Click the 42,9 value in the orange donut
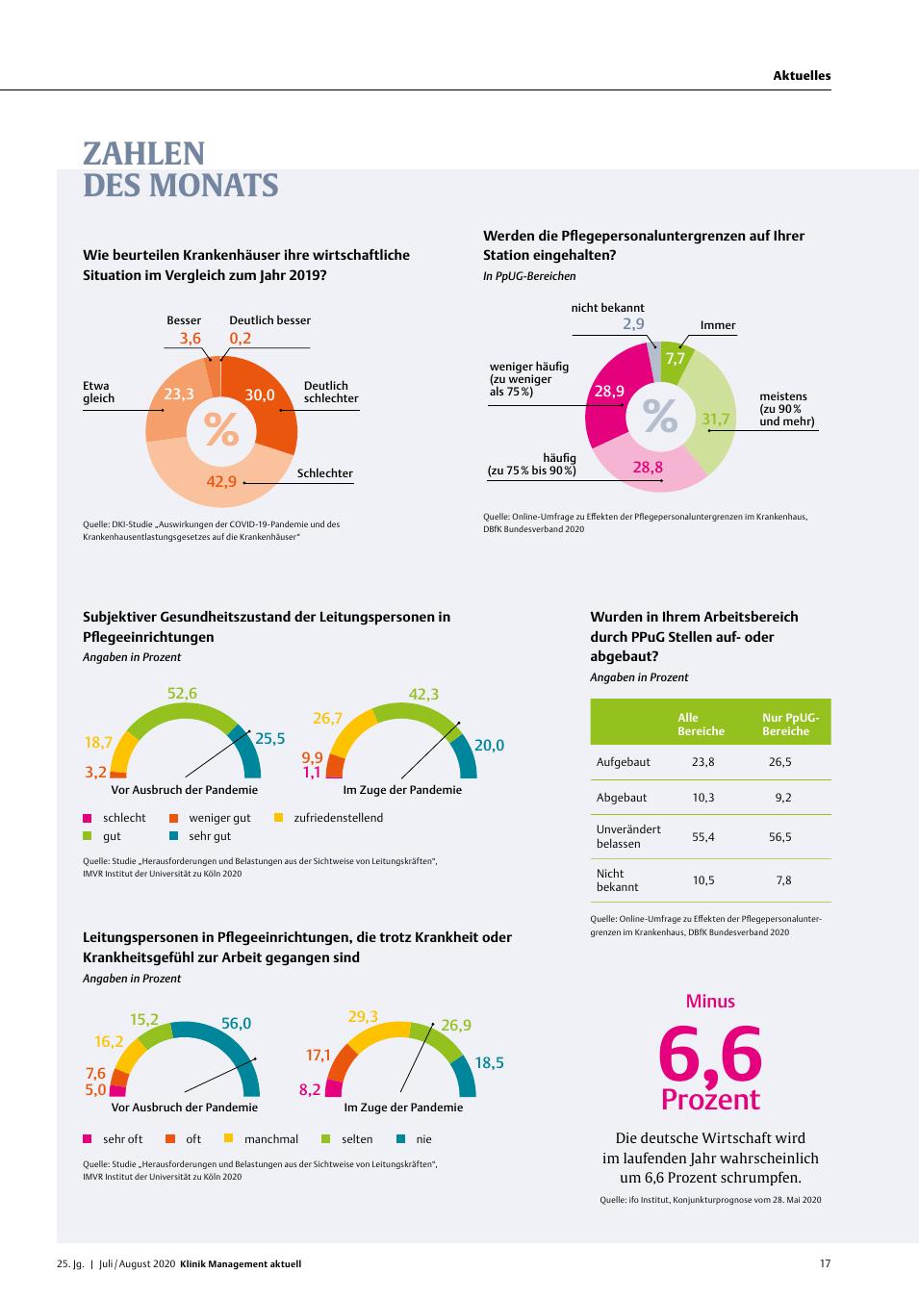[221, 481]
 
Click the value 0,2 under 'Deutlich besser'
[240, 338]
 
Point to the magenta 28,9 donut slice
[609, 395]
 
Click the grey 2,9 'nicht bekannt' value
[633, 323]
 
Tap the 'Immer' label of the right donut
[718, 325]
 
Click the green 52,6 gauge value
[182, 693]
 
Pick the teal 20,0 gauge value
[490, 745]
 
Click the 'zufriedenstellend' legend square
[279, 818]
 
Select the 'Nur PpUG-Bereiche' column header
[790, 725]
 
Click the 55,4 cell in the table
[703, 837]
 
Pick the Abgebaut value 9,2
[782, 798]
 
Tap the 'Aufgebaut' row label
[624, 762]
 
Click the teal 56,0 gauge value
[236, 1023]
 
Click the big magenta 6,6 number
[709, 1054]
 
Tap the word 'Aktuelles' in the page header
[802, 75]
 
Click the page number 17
[825, 1263]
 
